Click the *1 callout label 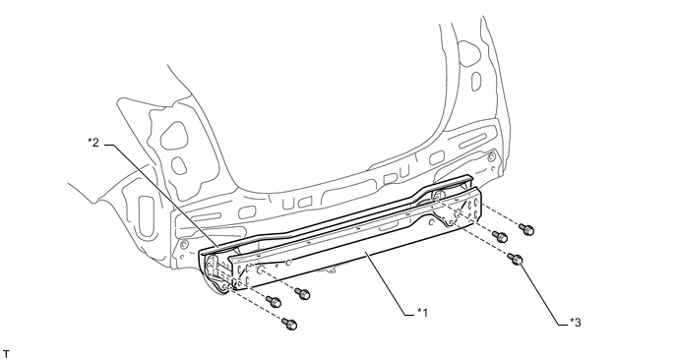tap(422, 312)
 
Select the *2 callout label tap(93, 142)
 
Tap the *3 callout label tap(575, 322)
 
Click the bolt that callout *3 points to tap(516, 260)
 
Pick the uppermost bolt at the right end tap(527, 229)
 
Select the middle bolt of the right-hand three tap(501, 236)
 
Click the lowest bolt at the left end tap(289, 324)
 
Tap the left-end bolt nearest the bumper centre tap(303, 294)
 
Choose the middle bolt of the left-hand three tap(274, 301)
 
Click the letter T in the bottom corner tap(6, 354)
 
